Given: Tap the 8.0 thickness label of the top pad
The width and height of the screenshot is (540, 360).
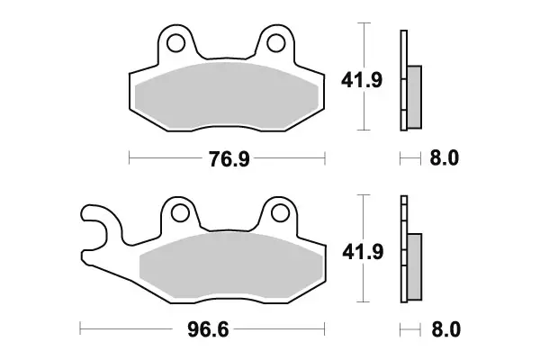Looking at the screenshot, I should (445, 159).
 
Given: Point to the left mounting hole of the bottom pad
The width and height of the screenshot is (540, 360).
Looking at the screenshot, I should (180, 211).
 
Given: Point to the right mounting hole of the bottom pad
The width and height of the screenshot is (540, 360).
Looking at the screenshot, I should (279, 211).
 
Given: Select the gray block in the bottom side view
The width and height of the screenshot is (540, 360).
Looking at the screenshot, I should (414, 266).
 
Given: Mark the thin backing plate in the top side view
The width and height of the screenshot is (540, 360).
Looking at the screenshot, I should (403, 81).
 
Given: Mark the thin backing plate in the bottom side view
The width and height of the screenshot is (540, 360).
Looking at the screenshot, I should (403, 252).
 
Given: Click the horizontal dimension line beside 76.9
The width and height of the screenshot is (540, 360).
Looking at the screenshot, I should (162, 160).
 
